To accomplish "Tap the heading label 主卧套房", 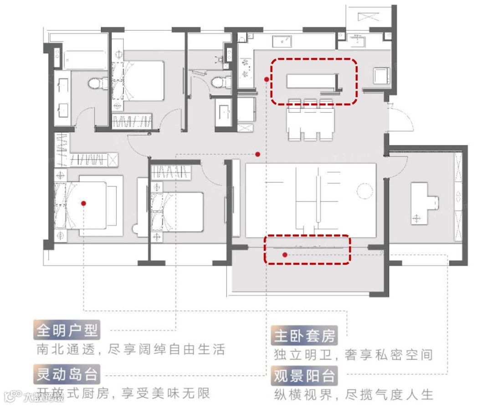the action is pyautogui.click(x=304, y=336).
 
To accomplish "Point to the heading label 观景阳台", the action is pyautogui.click(x=304, y=376).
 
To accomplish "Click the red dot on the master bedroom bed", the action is pyautogui.click(x=84, y=203).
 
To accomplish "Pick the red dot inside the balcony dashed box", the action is pyautogui.click(x=285, y=255).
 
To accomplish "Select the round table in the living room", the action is pyautogui.click(x=365, y=191).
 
